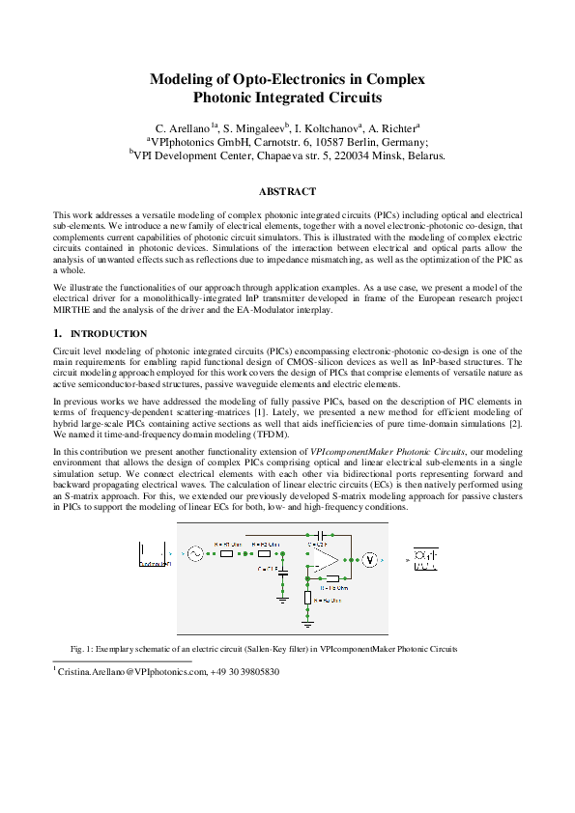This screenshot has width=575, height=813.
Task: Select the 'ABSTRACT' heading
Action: coord(287,192)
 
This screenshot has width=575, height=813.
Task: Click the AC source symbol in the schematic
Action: coord(192,554)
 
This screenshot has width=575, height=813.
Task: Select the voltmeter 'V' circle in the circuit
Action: coord(368,559)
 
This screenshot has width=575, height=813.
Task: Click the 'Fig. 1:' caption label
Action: coord(82,648)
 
